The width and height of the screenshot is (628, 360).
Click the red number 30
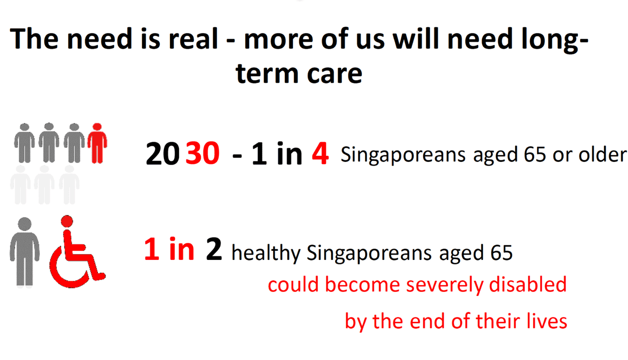[203, 154]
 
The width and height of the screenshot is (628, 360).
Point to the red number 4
[320, 154]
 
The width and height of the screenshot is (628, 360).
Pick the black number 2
[214, 250]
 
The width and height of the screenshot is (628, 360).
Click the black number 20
[162, 154]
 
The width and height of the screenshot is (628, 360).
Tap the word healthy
[266, 252]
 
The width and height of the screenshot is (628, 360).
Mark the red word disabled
[527, 284]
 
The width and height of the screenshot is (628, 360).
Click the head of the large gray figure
[24, 224]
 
